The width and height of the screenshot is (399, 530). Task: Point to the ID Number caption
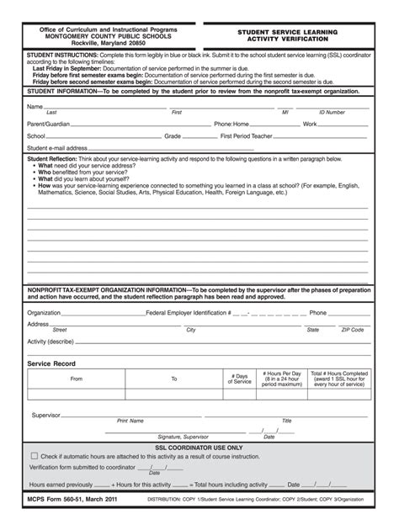point(332,112)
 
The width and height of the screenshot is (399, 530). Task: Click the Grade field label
point(173,135)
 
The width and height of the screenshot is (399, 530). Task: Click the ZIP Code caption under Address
point(352,330)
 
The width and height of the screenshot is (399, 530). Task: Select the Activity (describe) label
point(51,342)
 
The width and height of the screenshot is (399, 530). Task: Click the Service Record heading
point(51,363)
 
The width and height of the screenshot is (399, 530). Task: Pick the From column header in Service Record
point(77,379)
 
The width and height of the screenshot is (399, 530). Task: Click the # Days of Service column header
point(242,379)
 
